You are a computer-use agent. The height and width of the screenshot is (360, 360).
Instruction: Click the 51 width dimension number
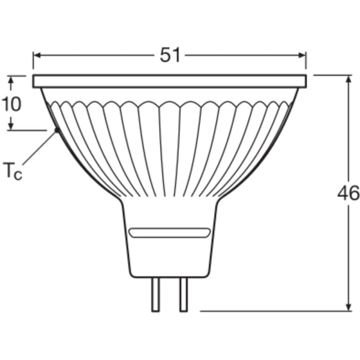click(x=170, y=55)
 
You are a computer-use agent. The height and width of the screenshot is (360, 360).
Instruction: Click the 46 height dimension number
click(x=349, y=193)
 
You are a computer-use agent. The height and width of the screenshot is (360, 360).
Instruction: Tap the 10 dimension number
click(x=11, y=104)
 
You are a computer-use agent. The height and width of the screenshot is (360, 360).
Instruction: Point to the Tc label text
click(x=13, y=171)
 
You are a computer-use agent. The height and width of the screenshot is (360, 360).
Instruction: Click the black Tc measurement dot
click(x=56, y=130)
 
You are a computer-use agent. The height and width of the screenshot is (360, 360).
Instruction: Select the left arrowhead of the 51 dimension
click(x=37, y=55)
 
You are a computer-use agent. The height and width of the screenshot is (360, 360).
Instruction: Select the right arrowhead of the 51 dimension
click(x=302, y=55)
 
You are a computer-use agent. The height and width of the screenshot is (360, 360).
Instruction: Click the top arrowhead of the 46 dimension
click(x=349, y=79)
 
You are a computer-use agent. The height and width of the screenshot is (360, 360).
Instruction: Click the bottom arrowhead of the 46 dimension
click(x=349, y=307)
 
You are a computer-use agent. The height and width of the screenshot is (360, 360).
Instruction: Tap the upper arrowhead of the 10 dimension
click(x=11, y=80)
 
